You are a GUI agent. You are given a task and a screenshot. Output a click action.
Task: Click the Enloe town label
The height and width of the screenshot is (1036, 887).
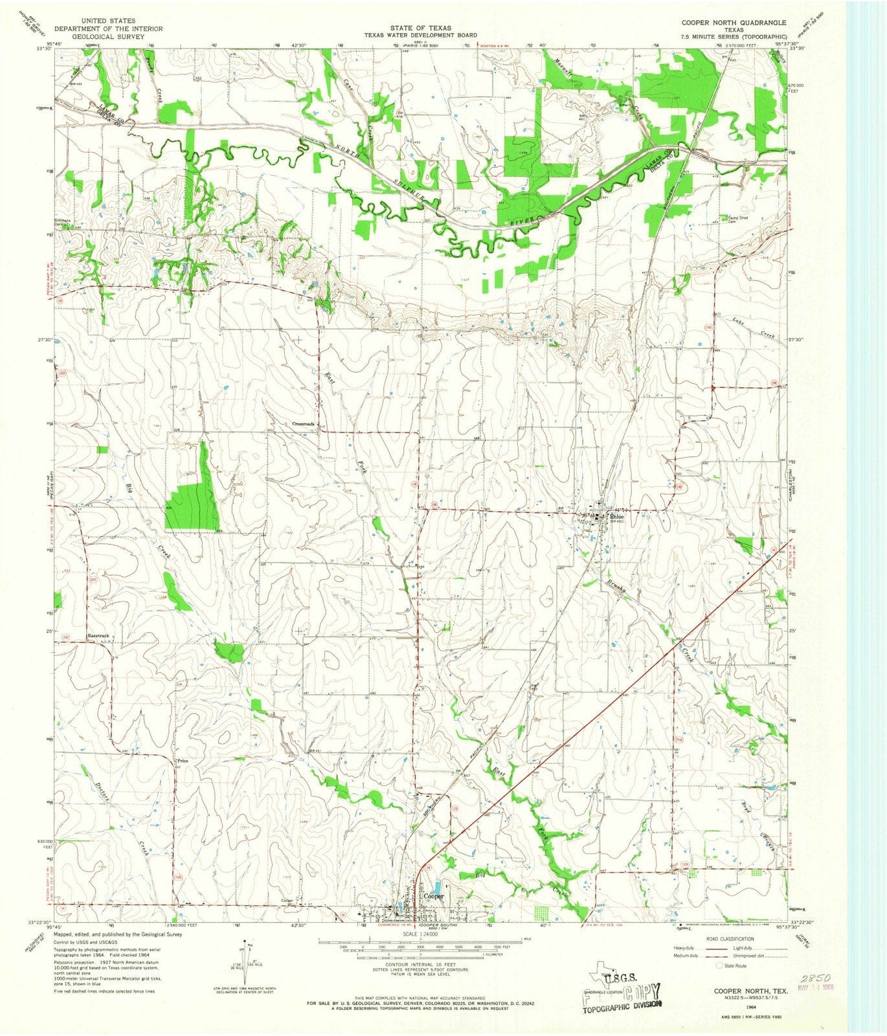coord(616,517)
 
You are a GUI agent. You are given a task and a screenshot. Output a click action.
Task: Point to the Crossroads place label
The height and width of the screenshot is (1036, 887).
coord(303,424)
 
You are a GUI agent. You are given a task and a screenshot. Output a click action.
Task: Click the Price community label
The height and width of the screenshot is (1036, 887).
coord(183,761)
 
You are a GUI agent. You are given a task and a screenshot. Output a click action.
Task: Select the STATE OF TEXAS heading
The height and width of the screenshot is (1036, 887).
coord(433,28)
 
